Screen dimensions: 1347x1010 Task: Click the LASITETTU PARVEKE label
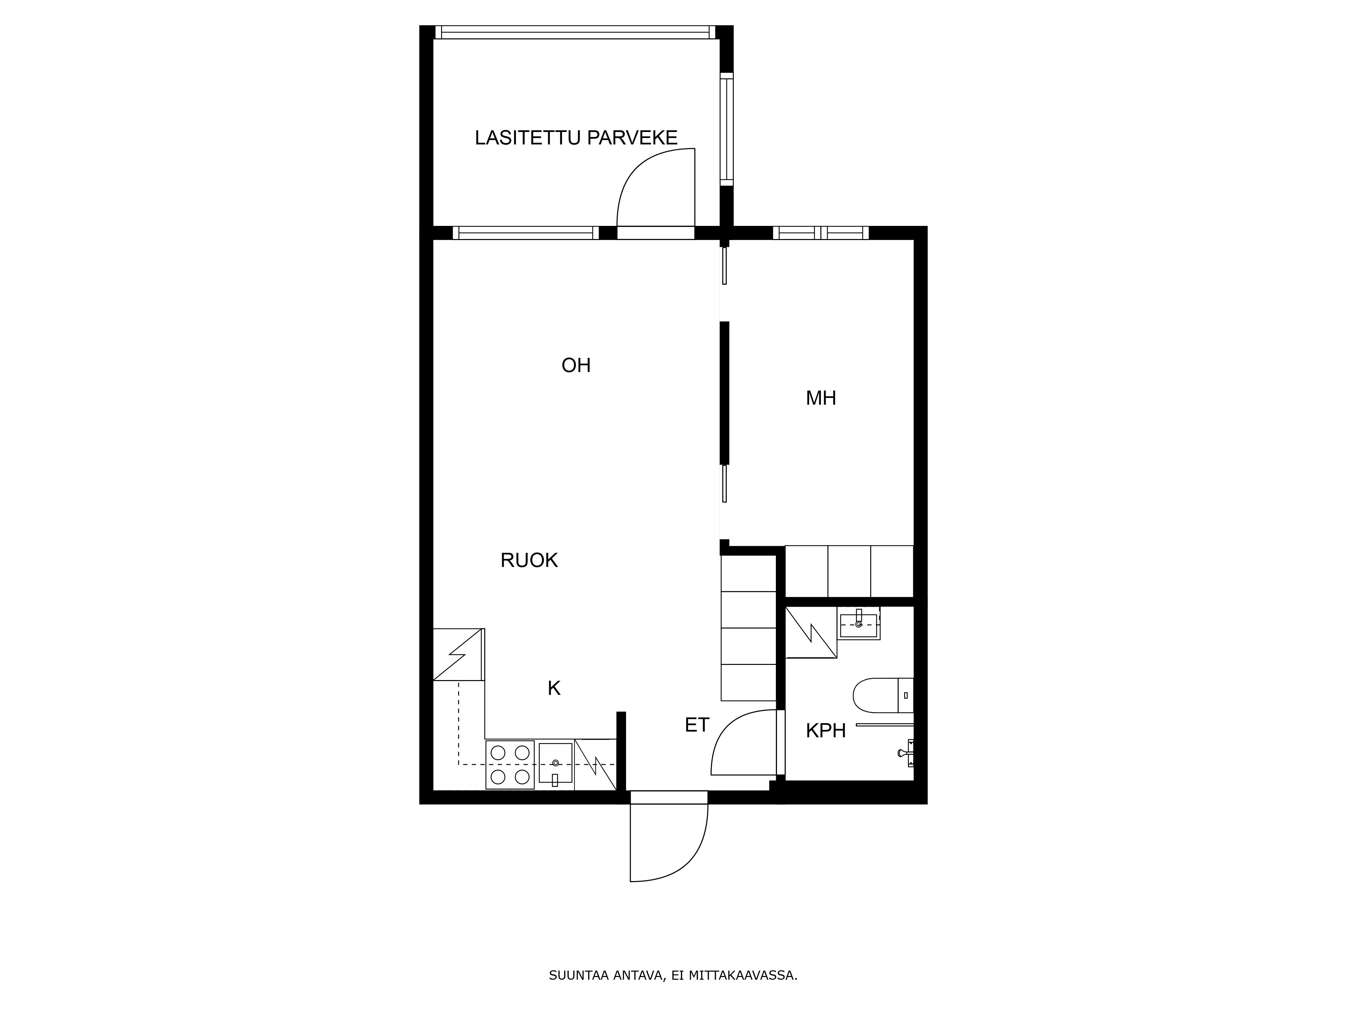click(576, 138)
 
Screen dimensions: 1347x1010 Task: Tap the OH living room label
click(576, 365)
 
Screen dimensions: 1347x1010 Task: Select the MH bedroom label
click(821, 398)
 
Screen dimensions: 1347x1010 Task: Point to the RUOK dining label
click(529, 560)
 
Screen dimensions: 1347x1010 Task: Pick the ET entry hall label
click(697, 725)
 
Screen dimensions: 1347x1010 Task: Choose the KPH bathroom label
click(826, 731)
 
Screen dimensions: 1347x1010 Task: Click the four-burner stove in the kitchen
click(510, 765)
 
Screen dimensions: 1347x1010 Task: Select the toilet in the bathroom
click(883, 695)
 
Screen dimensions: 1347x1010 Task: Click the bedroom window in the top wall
click(821, 233)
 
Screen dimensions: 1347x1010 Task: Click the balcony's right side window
click(726, 129)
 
